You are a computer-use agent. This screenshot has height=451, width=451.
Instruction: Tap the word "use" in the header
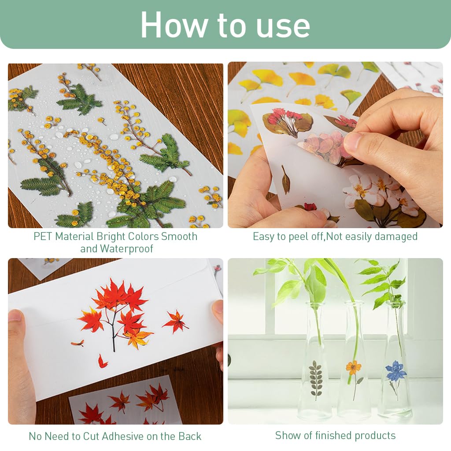285,25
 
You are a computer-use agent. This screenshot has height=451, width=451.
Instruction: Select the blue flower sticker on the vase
396,371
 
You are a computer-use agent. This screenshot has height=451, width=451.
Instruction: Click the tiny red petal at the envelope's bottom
102,362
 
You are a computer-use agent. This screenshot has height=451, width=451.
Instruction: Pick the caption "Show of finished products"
335,436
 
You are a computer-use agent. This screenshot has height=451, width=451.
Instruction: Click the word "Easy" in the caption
263,237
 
